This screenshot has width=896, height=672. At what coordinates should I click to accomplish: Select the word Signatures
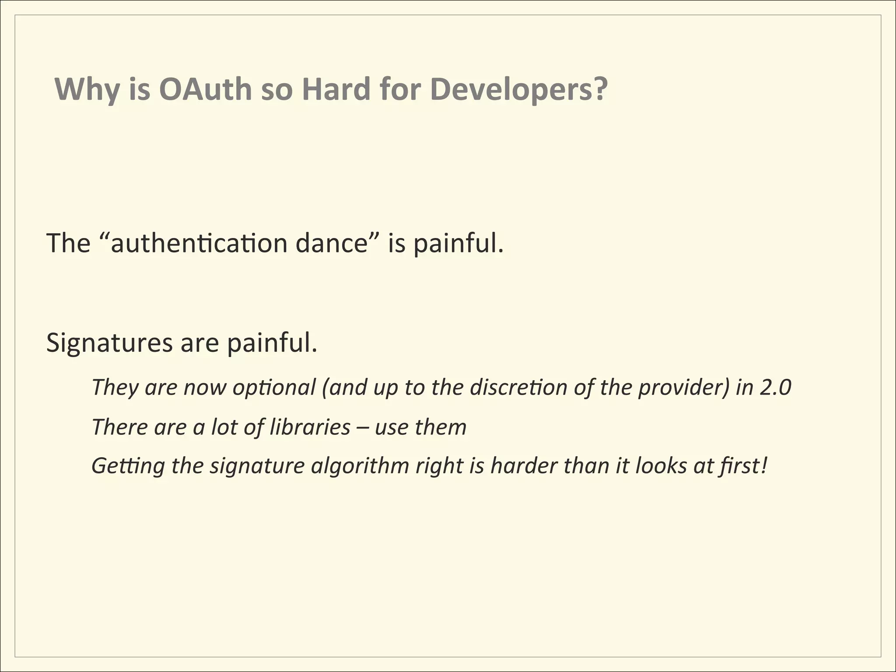pyautogui.click(x=109, y=343)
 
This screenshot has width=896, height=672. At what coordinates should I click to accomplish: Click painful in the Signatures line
pyautogui.click(x=271, y=343)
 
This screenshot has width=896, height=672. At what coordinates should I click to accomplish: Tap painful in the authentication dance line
pyautogui.click(x=458, y=243)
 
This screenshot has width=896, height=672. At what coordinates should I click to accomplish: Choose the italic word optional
pyautogui.click(x=274, y=388)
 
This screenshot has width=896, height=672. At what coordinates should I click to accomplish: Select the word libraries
pyautogui.click(x=310, y=427)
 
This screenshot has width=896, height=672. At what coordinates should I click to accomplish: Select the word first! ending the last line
pyautogui.click(x=743, y=465)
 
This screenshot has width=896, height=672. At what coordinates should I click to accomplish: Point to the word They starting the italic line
pyautogui.click(x=115, y=388)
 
